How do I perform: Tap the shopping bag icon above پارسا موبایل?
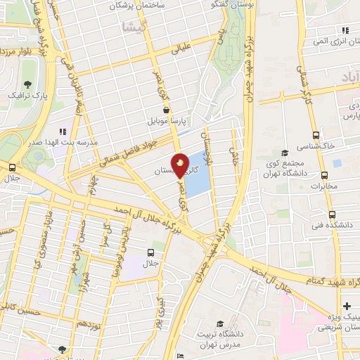[166, 110]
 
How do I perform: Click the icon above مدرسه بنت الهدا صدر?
[63, 131]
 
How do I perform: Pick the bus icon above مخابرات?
[323, 176]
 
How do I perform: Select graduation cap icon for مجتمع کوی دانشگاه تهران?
[285, 153]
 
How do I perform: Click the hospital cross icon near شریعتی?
[347, 307]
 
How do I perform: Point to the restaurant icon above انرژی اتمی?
[345, 30]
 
